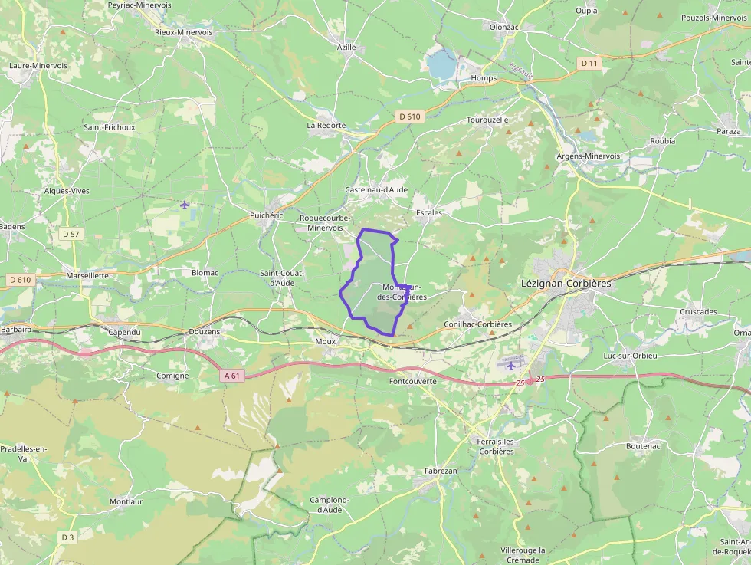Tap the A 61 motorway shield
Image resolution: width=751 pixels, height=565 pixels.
pyautogui.click(x=233, y=376)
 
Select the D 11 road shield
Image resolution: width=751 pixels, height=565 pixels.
pyautogui.click(x=589, y=63)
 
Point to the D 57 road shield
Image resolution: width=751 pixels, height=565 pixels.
pyautogui.click(x=71, y=234)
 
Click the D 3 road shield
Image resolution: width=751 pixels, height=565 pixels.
pyautogui.click(x=67, y=537)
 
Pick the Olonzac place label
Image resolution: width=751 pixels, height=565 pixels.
pyautogui.click(x=504, y=26)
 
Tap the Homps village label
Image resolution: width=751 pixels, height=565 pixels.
pyautogui.click(x=484, y=78)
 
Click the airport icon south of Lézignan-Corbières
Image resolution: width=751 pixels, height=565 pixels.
pyautogui.click(x=510, y=365)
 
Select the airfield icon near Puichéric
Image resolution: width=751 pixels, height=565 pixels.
pyautogui.click(x=184, y=204)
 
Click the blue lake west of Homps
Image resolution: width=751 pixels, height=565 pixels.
pyautogui.click(x=442, y=65)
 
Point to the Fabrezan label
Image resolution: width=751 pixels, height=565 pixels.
pyautogui.click(x=441, y=471)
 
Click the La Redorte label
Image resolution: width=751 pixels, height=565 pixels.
pyautogui.click(x=326, y=125)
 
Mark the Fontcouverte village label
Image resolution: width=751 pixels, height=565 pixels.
pyautogui.click(x=412, y=381)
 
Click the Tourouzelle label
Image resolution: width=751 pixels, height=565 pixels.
pyautogui.click(x=487, y=120)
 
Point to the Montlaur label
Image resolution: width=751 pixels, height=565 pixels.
pyautogui.click(x=126, y=501)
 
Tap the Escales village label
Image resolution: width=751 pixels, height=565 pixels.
pyautogui.click(x=428, y=212)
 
